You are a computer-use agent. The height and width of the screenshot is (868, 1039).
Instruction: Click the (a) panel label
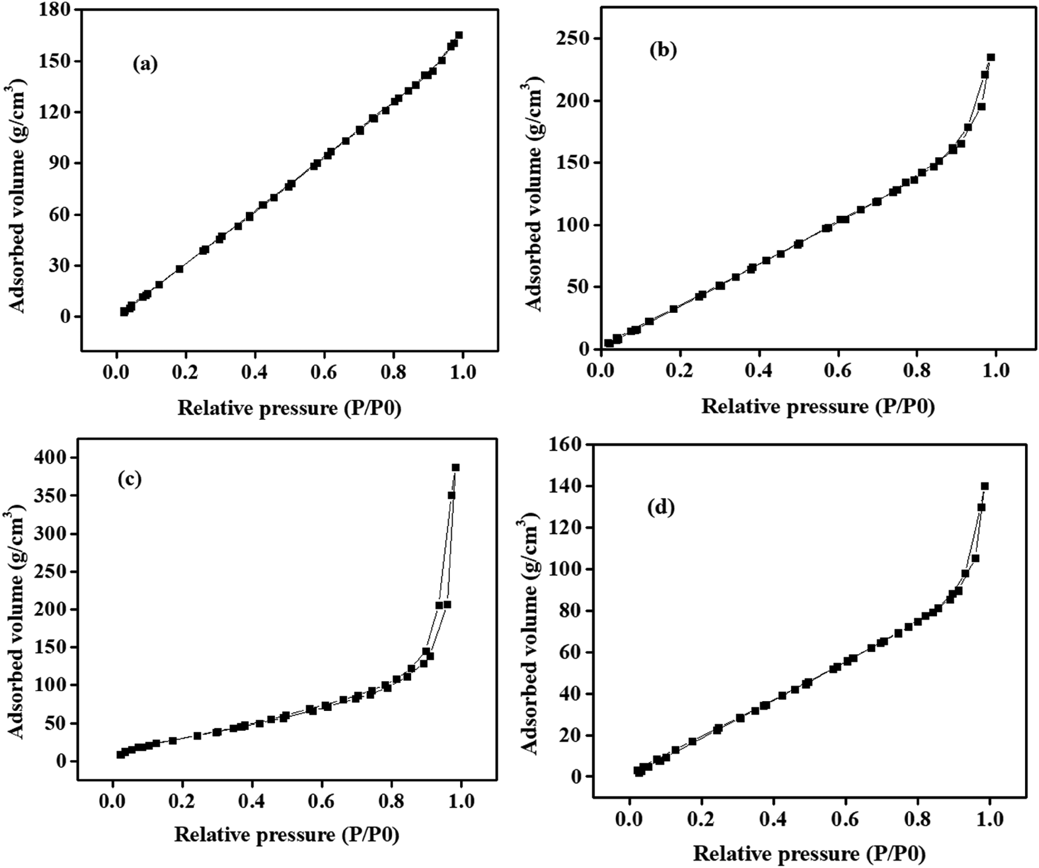click(x=145, y=65)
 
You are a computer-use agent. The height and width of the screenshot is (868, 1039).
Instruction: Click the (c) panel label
click(x=130, y=479)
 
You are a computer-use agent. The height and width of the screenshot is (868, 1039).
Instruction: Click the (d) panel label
click(x=661, y=507)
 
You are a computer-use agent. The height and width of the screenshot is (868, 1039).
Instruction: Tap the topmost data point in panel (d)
click(x=985, y=486)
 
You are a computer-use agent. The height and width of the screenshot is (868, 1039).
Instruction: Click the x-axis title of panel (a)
click(x=290, y=409)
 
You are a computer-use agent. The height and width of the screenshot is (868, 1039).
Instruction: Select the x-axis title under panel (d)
click(x=809, y=854)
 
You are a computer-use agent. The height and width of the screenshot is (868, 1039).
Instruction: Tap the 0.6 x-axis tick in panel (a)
click(x=324, y=372)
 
